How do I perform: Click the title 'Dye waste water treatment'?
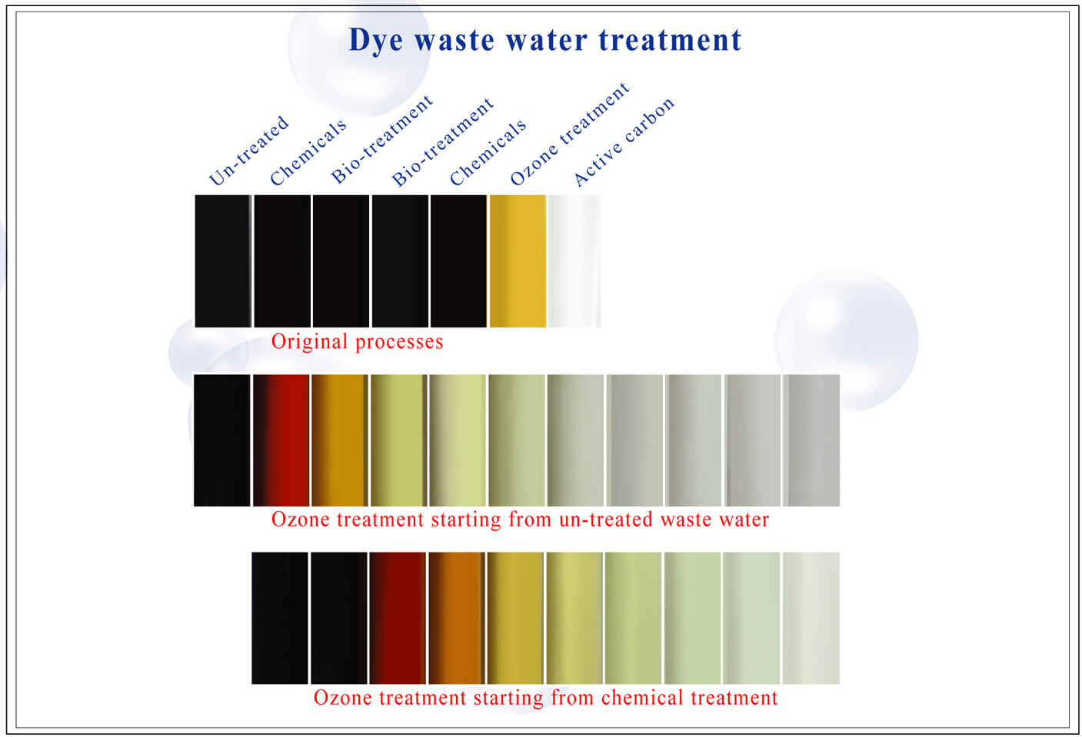[x=545, y=40]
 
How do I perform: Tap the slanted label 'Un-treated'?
[x=248, y=151]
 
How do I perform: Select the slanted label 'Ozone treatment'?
[x=570, y=134]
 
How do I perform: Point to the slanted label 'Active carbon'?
[x=624, y=142]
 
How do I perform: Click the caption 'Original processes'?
[x=357, y=342]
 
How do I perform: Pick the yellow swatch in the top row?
[x=518, y=261]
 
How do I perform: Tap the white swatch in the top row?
[x=574, y=261]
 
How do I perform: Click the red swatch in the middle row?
[x=281, y=440]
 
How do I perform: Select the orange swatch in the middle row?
[x=340, y=440]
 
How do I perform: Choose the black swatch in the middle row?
[x=222, y=440]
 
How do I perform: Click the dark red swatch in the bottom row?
[x=398, y=619]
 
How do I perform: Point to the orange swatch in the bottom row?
[x=457, y=619]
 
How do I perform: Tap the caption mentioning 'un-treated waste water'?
[x=520, y=520]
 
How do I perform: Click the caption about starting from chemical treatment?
[x=546, y=698]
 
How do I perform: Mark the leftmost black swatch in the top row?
[x=223, y=261]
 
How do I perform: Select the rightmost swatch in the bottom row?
[x=811, y=619]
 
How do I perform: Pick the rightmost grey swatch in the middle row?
[x=811, y=440]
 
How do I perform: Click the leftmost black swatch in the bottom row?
[x=280, y=619]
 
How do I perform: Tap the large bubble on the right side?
[x=846, y=340]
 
